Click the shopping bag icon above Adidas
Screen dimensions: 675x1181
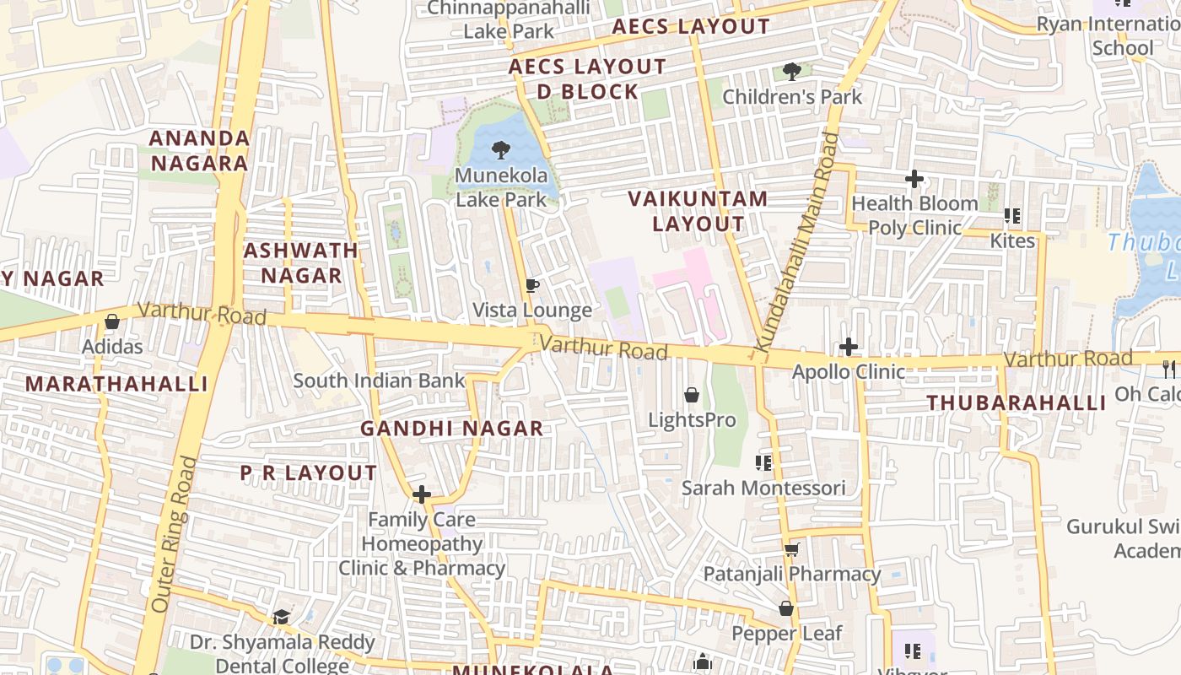click(111, 321)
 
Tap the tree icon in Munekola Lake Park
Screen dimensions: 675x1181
click(501, 150)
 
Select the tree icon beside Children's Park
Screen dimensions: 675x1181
click(791, 72)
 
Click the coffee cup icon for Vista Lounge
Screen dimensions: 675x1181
click(531, 286)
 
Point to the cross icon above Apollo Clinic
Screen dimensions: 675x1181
click(849, 347)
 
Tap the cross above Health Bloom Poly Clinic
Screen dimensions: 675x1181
click(914, 179)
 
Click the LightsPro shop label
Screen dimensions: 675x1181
click(692, 419)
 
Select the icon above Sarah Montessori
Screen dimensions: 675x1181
click(763, 462)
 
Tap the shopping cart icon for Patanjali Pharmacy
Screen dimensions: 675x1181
click(791, 550)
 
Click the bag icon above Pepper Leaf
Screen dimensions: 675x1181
click(786, 608)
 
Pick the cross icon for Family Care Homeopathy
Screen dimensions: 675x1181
click(422, 494)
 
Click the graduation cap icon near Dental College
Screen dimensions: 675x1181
click(281, 618)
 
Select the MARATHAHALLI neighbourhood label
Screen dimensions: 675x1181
click(116, 384)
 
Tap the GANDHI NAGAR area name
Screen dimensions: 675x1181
click(452, 429)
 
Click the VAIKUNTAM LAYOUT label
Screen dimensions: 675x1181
click(698, 211)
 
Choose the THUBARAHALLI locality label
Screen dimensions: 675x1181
click(1017, 403)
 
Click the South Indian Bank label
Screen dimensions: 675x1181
click(379, 381)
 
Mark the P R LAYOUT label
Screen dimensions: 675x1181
click(309, 473)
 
